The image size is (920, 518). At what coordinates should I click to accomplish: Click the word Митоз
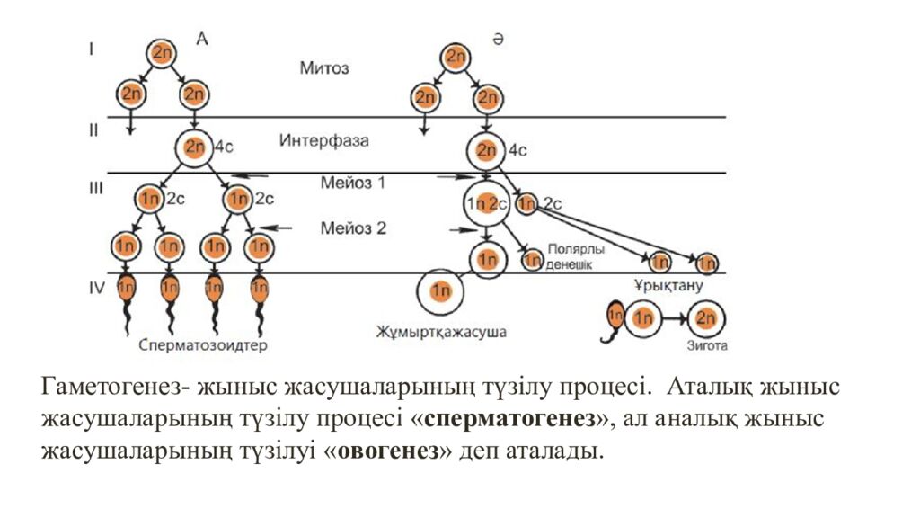(x=324, y=68)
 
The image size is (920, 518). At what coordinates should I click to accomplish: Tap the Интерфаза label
(x=323, y=141)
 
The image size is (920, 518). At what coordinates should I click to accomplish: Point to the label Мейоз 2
(x=353, y=228)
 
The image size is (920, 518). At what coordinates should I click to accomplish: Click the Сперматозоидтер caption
(x=204, y=344)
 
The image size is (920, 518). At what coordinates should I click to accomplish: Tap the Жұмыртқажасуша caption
(x=441, y=332)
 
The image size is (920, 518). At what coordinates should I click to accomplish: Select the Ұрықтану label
(x=666, y=286)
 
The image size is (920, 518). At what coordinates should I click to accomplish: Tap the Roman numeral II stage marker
(x=93, y=130)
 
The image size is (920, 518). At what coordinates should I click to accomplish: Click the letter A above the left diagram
(x=203, y=40)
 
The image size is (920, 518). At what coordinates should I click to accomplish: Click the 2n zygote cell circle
(x=705, y=318)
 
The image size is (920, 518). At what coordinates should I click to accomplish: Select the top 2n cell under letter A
(x=163, y=53)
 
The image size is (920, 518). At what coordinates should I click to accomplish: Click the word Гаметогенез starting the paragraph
(x=109, y=388)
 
